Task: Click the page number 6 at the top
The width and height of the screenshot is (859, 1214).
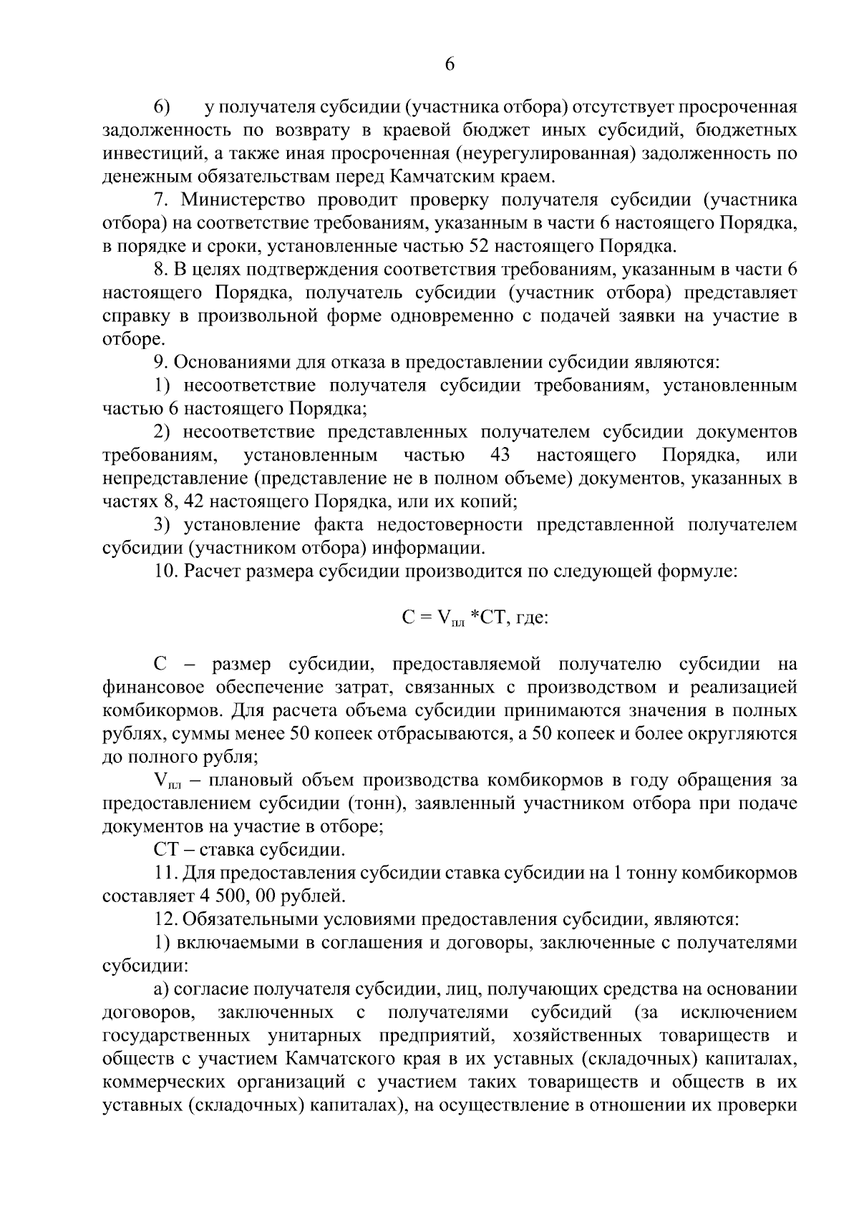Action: tap(450, 64)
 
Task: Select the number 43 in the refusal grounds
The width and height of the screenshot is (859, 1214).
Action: tap(500, 455)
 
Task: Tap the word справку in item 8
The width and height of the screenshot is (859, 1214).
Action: tap(132, 315)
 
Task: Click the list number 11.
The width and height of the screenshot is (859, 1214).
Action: tap(165, 873)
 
